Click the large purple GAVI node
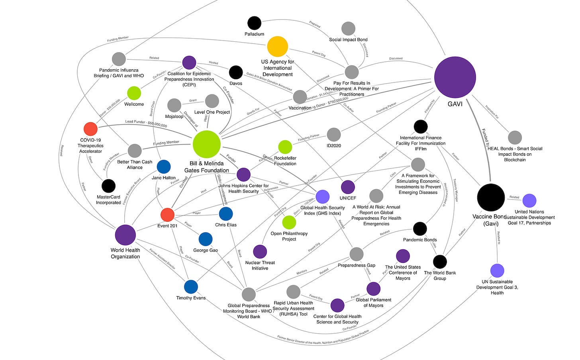pos(455,77)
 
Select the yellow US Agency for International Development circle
pos(278,46)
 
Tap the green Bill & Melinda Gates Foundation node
pos(207,144)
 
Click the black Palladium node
pos(254,23)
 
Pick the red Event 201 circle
pos(167,214)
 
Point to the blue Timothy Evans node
pos(191,287)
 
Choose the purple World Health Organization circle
pos(125,235)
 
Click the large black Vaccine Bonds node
pos(491,198)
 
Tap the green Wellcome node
pos(134,93)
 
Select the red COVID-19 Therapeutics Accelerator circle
pos(90,129)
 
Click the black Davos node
pos(236,72)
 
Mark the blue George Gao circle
pos(206,239)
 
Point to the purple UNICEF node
pos(348,187)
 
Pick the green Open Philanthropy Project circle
pos(289,223)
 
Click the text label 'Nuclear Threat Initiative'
pos(260,265)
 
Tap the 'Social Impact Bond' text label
pos(348,40)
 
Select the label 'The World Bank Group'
pos(440,276)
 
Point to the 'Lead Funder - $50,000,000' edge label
pos(146,123)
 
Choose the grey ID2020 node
pos(334,135)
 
